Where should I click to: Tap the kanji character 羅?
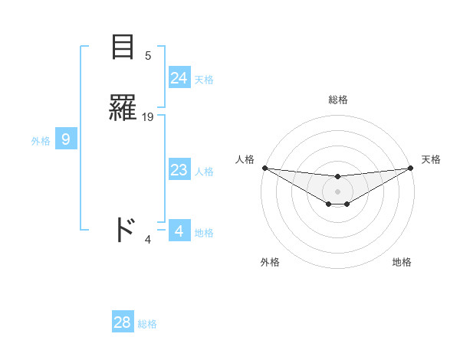click(x=123, y=109)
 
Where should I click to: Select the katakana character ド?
click(x=123, y=230)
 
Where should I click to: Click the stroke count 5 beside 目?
click(x=148, y=55)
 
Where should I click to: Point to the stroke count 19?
click(x=148, y=116)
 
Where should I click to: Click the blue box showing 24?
click(x=179, y=78)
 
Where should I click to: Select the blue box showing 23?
click(x=179, y=170)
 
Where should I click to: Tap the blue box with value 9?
click(x=66, y=139)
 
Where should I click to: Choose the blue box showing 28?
click(x=123, y=322)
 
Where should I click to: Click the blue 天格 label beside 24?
click(x=204, y=79)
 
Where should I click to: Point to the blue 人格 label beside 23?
click(x=204, y=171)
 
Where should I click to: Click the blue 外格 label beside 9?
click(x=41, y=140)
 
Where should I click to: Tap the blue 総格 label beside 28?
click(x=147, y=324)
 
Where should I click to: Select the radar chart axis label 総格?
click(x=337, y=100)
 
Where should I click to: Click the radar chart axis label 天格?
click(x=431, y=159)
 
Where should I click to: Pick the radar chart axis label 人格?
click(x=245, y=159)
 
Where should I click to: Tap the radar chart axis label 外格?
click(x=270, y=262)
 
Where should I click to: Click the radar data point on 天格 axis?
click(x=410, y=168)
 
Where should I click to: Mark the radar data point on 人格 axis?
click(x=264, y=168)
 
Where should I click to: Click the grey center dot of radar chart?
click(x=337, y=191)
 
